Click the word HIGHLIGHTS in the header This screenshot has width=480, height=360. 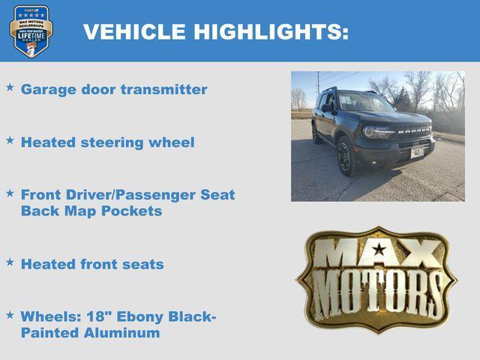click(x=271, y=31)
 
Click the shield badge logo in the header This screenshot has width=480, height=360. click(x=31, y=31)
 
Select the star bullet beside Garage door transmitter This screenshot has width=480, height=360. click(x=10, y=88)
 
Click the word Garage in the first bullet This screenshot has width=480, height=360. click(x=49, y=89)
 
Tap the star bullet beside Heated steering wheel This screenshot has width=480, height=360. click(x=10, y=140)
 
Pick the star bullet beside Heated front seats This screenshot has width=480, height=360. click(x=10, y=262)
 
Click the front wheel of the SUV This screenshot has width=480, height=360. click(x=346, y=156)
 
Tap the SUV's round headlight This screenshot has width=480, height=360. click(x=370, y=132)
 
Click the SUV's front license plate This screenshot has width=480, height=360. click(x=417, y=152)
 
